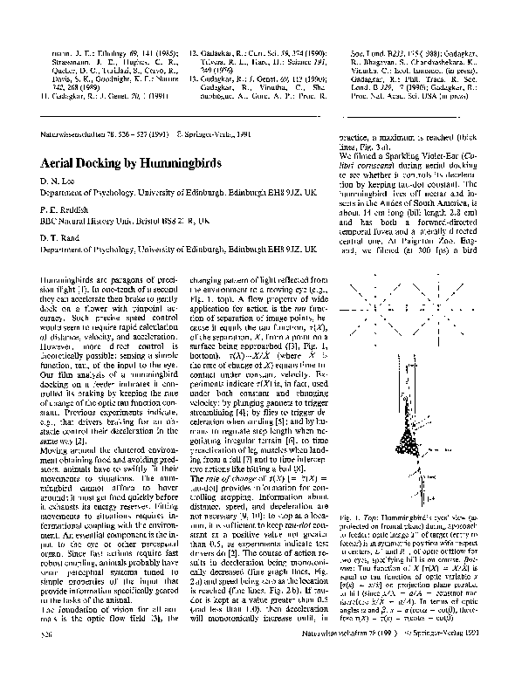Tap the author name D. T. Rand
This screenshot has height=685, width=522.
point(60,240)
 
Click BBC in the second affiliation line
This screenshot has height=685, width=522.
point(51,223)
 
